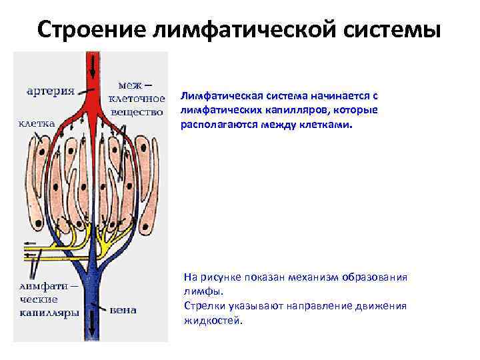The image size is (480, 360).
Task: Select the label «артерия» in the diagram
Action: point(50,91)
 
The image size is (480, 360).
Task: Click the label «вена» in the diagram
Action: point(123,309)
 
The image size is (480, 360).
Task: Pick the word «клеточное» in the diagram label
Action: point(137,99)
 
